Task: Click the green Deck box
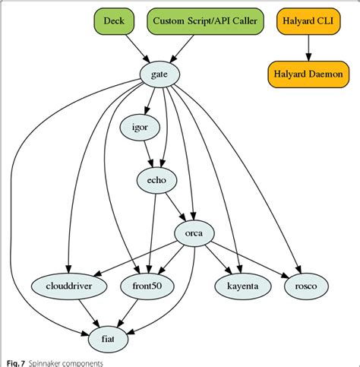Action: [x=115, y=21]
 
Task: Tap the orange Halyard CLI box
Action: [x=308, y=21]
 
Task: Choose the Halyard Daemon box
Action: [x=308, y=74]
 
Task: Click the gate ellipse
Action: [x=160, y=74]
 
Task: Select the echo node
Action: [x=156, y=179]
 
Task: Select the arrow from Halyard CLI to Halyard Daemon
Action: [x=308, y=48]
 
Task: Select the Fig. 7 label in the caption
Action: [x=14, y=363]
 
